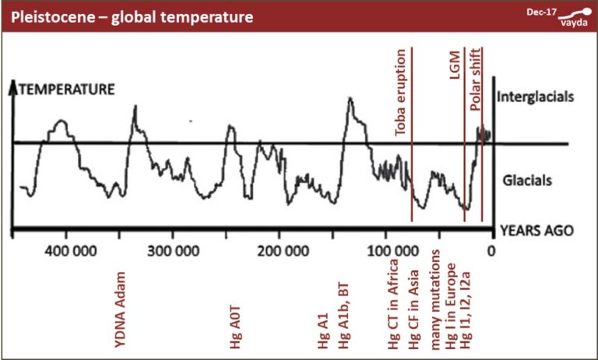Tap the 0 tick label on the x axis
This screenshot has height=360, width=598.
[491, 252]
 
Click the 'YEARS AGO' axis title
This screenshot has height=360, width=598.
[536, 231]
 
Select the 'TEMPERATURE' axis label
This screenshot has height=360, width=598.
[67, 90]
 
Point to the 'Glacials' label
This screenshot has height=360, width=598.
[526, 179]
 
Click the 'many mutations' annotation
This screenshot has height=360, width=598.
[436, 299]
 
